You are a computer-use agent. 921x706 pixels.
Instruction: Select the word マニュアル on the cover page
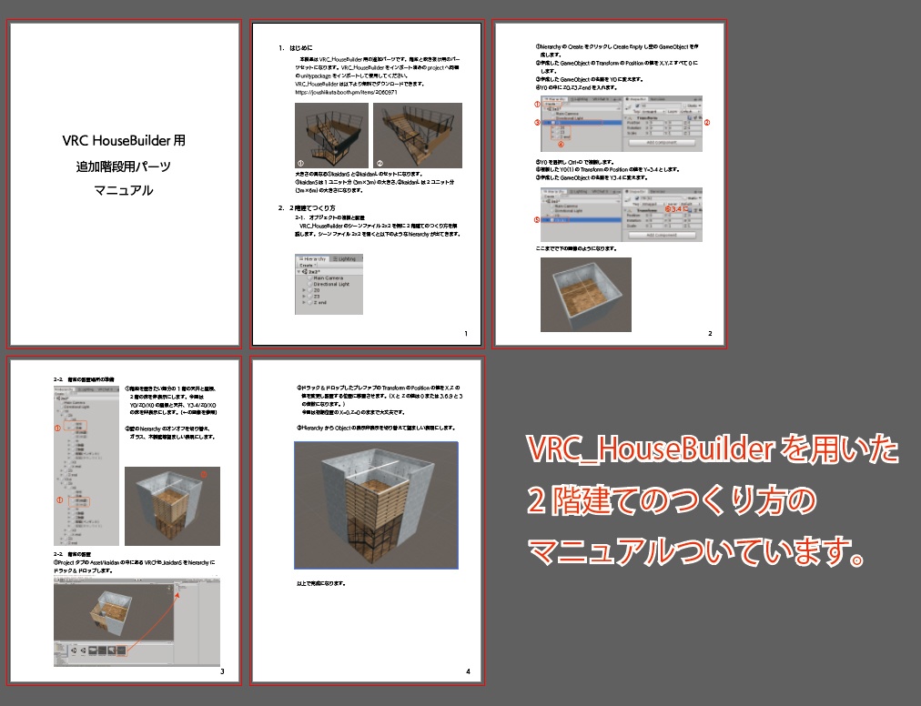tap(125, 191)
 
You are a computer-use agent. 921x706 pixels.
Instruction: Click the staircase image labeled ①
tap(331, 135)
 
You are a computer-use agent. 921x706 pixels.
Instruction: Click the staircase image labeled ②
tap(419, 135)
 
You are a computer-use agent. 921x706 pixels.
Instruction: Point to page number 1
tap(465, 335)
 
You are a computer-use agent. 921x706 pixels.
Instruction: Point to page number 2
tap(710, 333)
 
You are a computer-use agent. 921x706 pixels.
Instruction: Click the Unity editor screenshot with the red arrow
tap(137, 622)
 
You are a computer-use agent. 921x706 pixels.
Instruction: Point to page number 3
tap(223, 672)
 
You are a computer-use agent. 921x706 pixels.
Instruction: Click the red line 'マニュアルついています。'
tap(695, 550)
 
